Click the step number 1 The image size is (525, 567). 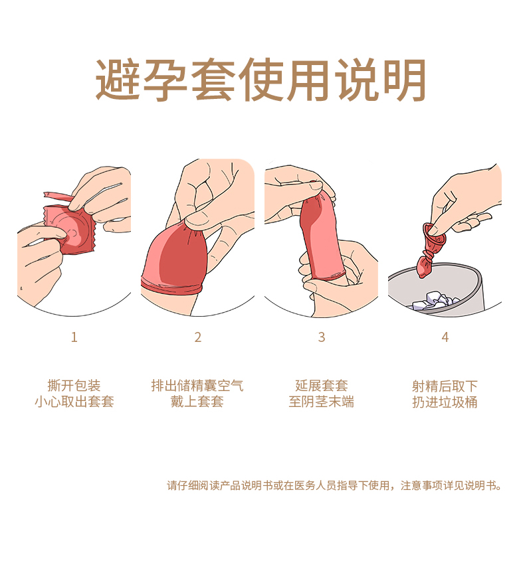point(74,337)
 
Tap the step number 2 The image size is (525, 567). point(197,337)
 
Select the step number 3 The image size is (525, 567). point(322,337)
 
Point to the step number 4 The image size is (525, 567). point(445,337)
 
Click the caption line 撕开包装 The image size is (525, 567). point(74,386)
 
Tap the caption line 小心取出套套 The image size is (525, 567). point(74,402)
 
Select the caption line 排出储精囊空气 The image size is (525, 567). point(197,386)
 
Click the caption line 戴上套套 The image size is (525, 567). point(197,402)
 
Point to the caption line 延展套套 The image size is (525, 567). point(322,386)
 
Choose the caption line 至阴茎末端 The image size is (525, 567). point(322,402)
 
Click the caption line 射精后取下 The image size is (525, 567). point(445,386)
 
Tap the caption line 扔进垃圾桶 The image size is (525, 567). point(445,402)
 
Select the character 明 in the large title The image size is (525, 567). point(405,80)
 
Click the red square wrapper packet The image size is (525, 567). point(70,230)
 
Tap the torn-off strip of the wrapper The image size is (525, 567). point(58,197)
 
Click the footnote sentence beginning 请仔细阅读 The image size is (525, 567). point(334,485)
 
